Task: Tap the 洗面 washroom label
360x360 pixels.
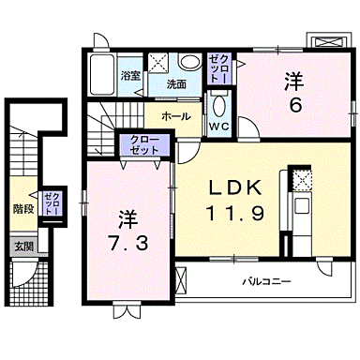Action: coord(176,84)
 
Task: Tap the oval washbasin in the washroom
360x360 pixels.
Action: coord(189,64)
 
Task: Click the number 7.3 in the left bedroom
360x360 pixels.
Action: coord(127,242)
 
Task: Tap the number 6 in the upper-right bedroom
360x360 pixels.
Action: coord(293,105)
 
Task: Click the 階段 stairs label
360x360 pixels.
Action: coord(23,209)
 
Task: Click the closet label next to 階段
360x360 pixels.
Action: coord(53,204)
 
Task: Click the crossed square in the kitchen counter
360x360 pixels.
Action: coord(302,178)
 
